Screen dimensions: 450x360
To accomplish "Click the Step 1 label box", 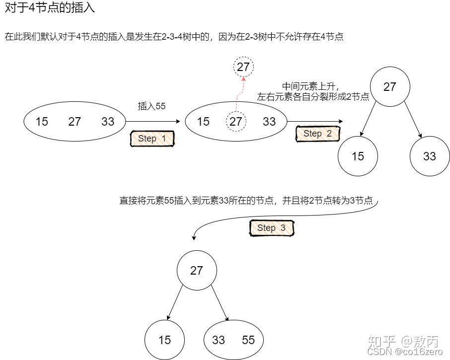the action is click(152, 139).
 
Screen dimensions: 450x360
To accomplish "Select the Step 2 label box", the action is click(317, 134).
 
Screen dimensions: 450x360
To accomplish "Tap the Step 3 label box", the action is click(272, 228).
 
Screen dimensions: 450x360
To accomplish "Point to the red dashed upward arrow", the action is click(240, 94).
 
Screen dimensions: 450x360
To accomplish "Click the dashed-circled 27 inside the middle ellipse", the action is click(236, 122).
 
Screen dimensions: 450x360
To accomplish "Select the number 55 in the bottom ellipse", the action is click(248, 340).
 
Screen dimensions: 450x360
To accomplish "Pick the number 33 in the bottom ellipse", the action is click(219, 340).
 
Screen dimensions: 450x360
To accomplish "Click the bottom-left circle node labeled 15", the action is click(164, 340).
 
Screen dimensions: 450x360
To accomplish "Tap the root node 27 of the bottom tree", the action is click(197, 271).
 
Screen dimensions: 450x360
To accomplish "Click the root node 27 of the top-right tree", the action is click(390, 87).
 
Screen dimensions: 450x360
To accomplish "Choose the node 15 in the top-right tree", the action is click(358, 156).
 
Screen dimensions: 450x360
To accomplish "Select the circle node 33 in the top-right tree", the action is click(430, 156).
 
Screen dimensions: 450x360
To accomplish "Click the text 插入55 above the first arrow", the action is click(151, 106).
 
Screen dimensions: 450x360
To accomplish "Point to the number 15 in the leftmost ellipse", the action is click(42, 122).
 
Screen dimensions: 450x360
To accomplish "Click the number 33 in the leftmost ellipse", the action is click(108, 122).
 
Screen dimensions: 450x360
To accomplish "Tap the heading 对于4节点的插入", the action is click(50, 8).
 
